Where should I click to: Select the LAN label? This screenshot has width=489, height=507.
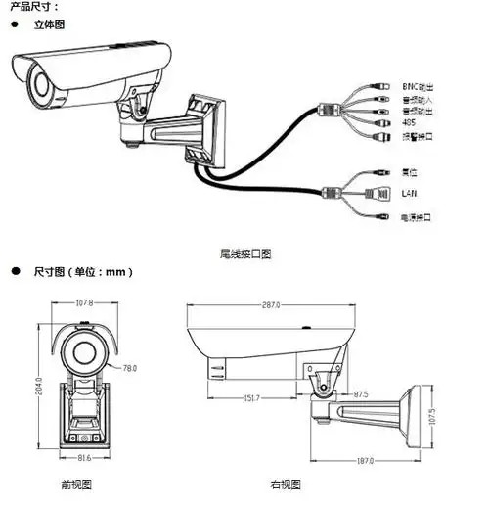coord(410,193)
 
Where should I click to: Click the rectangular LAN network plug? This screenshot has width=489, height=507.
coord(376,192)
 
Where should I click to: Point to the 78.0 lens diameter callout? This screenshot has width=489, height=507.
coord(129,368)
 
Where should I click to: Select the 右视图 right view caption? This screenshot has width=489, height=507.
coord(286,484)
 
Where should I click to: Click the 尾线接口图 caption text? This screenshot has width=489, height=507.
coord(245,253)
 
